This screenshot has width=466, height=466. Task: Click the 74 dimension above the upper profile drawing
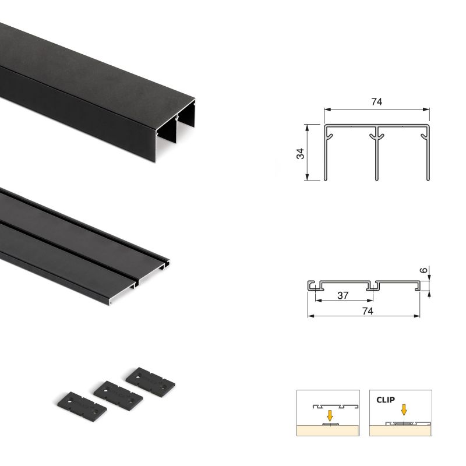click(x=376, y=102)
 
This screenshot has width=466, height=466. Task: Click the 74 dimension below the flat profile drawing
click(x=367, y=311)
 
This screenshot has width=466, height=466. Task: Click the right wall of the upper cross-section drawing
click(x=429, y=154)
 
